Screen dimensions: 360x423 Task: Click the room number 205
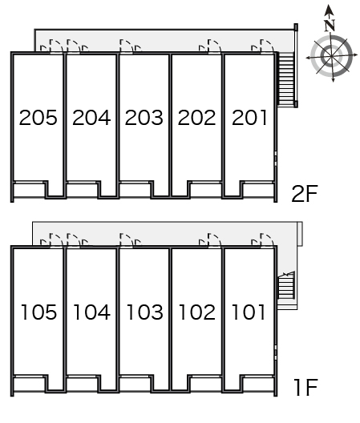click(38, 118)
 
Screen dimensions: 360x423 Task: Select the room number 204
click(91, 118)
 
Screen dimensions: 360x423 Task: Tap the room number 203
click(144, 118)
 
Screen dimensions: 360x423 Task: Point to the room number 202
click(196, 118)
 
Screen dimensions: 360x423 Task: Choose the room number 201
click(249, 118)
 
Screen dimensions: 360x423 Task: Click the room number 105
click(38, 312)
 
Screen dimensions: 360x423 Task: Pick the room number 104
click(91, 312)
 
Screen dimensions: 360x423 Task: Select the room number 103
click(144, 312)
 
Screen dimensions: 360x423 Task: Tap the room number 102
click(197, 312)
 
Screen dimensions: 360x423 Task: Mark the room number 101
click(249, 312)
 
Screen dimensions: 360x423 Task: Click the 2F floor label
click(305, 194)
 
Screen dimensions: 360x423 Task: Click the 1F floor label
click(305, 388)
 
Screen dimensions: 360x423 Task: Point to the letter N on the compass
click(330, 26)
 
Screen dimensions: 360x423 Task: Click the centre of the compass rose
click(332, 56)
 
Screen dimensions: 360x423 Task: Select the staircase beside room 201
click(285, 79)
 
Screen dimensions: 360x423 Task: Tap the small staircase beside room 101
click(286, 285)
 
